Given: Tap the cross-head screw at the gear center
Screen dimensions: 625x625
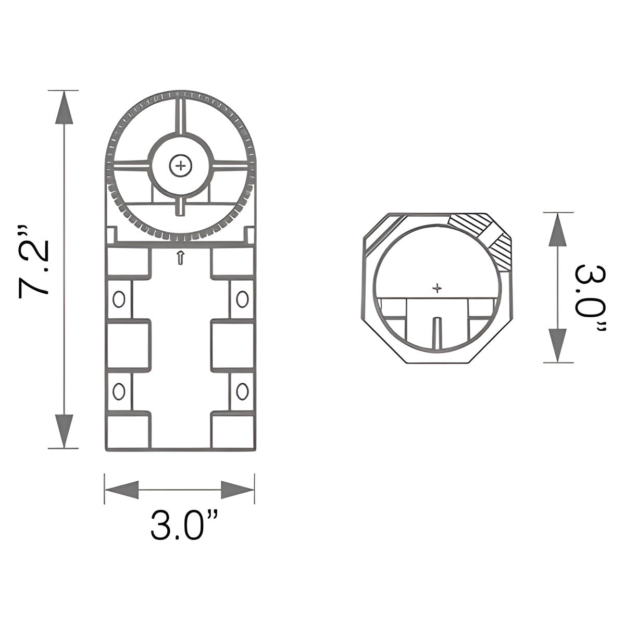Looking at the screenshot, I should (x=181, y=166).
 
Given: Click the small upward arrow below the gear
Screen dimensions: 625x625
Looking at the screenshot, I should (x=180, y=257).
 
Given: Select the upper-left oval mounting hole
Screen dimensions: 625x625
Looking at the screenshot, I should (x=119, y=299).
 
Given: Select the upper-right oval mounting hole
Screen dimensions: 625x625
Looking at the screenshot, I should (x=242, y=299).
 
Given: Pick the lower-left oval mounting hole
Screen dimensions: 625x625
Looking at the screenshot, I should (x=119, y=391).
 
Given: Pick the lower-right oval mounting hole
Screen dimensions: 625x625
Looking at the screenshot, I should (x=242, y=391).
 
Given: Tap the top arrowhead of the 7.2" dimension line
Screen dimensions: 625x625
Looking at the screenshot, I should (x=64, y=108).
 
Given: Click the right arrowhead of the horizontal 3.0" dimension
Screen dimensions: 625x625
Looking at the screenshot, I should (x=238, y=490).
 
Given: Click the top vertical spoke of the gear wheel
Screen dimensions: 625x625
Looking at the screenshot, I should (x=181, y=116).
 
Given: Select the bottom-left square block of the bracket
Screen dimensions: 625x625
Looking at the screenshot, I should (x=128, y=431).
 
